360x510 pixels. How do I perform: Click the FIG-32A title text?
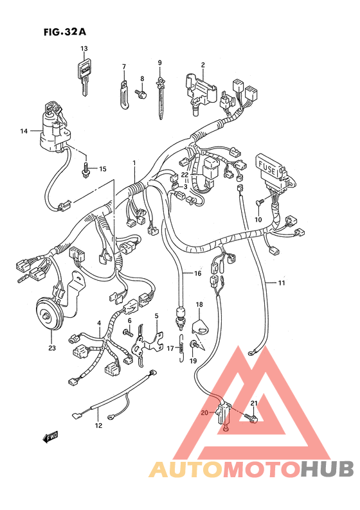[x=65, y=32]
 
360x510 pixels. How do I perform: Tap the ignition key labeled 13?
[x=85, y=76]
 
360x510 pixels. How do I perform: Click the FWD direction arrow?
[x=50, y=437]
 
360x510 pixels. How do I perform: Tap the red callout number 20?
[x=204, y=413]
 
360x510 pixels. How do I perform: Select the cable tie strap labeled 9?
[x=161, y=98]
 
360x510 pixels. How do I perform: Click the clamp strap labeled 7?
[x=123, y=94]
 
